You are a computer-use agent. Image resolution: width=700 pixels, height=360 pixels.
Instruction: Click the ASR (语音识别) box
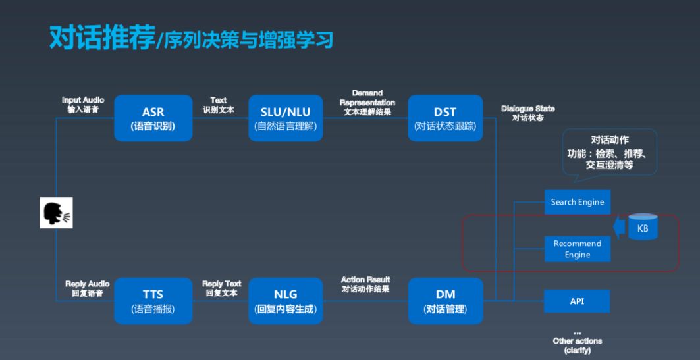pyautogui.click(x=153, y=118)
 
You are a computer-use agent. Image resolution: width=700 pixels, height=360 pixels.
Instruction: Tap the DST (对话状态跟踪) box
pyautogui.click(x=445, y=118)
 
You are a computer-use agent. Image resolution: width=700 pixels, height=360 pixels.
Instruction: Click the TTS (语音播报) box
pyautogui.click(x=153, y=301)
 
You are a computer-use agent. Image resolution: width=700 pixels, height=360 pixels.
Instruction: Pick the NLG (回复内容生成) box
pyautogui.click(x=285, y=301)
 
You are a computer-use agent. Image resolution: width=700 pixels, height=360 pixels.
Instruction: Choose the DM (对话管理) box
pyautogui.click(x=445, y=301)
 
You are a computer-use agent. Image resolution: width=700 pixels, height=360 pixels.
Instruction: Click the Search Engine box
pyautogui.click(x=577, y=202)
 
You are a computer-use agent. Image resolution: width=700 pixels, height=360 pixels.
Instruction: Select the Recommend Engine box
pyautogui.click(x=577, y=249)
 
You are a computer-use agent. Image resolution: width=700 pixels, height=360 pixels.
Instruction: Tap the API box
pyautogui.click(x=577, y=301)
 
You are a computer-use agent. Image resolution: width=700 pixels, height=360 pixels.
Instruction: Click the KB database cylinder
pyautogui.click(x=643, y=227)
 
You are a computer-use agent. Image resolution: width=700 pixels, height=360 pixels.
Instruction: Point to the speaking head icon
pyautogui.click(x=56, y=214)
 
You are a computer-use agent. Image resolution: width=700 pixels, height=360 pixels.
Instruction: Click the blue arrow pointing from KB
pyautogui.click(x=618, y=228)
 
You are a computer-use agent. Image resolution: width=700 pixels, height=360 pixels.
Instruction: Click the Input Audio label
pyautogui.click(x=82, y=105)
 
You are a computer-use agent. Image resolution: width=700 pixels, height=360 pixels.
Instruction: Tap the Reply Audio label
pyautogui.click(x=87, y=288)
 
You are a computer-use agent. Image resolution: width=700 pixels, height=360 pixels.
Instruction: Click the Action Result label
pyautogui.click(x=365, y=284)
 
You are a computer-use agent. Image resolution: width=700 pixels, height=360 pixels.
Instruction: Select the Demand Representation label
pyautogui.click(x=367, y=102)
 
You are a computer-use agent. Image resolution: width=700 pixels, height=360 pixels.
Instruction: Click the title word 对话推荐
pyautogui.click(x=101, y=38)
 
